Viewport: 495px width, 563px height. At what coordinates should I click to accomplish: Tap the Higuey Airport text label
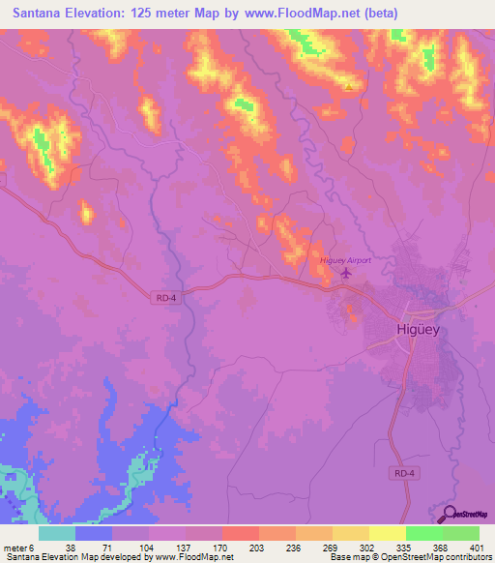(345, 259)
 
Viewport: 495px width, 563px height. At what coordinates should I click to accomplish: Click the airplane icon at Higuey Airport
(344, 274)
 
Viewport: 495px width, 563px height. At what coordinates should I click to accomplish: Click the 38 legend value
(71, 548)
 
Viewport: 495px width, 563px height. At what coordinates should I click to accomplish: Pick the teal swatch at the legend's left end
(56, 533)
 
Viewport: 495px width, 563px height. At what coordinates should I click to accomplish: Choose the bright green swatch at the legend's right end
(461, 533)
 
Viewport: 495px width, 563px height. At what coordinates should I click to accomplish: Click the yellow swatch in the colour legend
(388, 533)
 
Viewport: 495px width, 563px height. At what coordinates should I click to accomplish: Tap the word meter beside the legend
(15, 548)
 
